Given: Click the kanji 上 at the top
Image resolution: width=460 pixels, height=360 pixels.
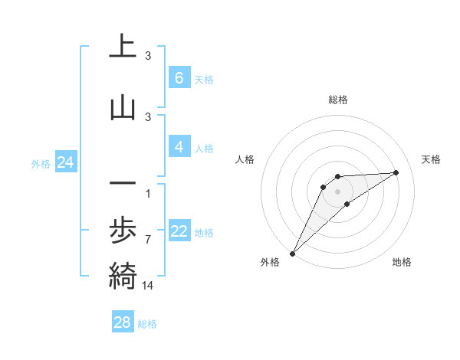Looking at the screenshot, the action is click(123, 47).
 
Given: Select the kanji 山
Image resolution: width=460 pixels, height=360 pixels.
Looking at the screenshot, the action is click(123, 108).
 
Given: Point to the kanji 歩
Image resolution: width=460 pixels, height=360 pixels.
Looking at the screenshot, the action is click(123, 231).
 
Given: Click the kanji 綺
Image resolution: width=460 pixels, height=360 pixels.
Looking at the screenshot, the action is click(123, 275).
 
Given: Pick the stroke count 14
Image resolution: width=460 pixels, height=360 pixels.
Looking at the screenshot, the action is click(148, 285).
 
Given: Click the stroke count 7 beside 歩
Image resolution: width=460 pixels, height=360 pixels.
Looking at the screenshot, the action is click(148, 240).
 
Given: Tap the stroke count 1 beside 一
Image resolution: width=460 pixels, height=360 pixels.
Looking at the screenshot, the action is click(148, 193).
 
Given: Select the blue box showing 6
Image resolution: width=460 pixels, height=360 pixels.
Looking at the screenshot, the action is click(179, 78).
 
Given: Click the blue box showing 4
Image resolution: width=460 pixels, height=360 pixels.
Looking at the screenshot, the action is click(179, 147).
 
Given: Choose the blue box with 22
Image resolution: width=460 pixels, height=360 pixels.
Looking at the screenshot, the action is click(179, 231).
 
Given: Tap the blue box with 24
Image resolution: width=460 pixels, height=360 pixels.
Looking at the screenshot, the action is click(65, 162).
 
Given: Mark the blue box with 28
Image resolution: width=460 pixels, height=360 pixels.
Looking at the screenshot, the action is click(123, 322).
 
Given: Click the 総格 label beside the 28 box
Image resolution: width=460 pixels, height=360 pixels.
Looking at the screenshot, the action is click(147, 324).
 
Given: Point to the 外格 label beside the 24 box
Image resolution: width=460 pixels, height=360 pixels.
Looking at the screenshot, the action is click(41, 163).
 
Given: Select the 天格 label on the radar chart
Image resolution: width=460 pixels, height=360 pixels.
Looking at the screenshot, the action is click(431, 159).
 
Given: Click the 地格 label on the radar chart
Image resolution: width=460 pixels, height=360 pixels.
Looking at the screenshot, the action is click(402, 262).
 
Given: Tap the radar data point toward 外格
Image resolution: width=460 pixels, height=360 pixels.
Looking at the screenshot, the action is click(292, 253).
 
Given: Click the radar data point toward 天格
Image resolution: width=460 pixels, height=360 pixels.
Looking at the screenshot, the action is click(396, 172).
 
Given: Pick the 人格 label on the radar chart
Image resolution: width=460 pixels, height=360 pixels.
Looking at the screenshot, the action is click(245, 159).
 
